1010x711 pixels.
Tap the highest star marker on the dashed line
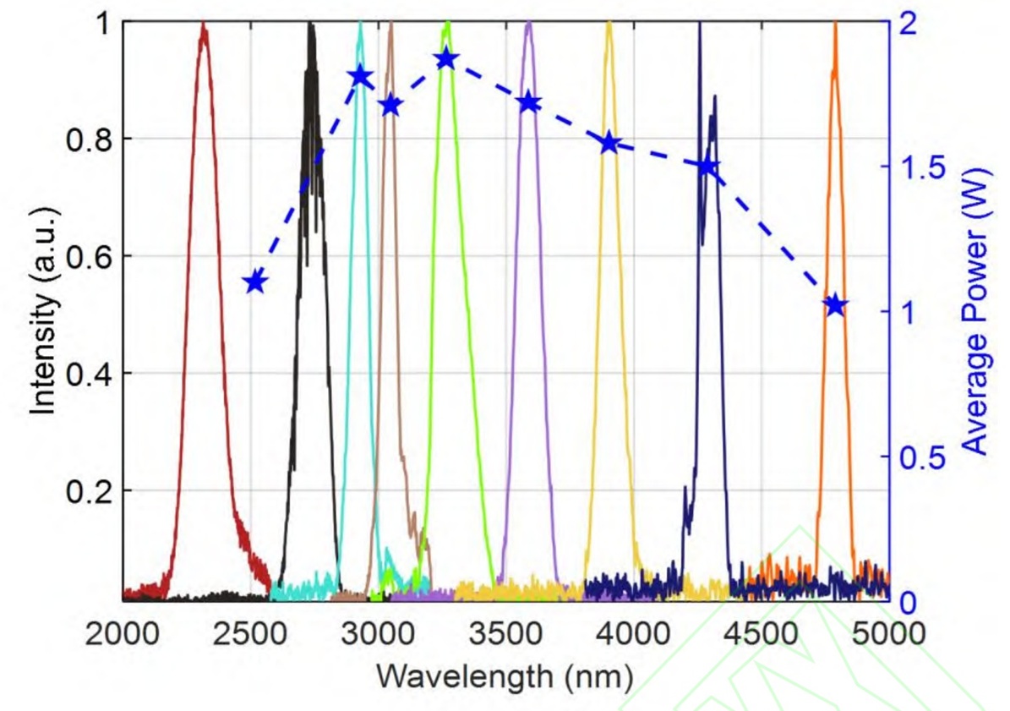(x=446, y=59)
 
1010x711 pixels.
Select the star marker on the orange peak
(x=835, y=305)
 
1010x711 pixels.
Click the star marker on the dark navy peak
(x=708, y=167)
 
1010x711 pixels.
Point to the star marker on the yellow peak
(x=609, y=143)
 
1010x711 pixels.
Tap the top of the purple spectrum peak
(x=529, y=24)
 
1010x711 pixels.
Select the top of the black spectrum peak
(x=311, y=25)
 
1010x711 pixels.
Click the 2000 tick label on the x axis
(x=123, y=632)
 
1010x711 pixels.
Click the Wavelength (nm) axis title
(x=505, y=676)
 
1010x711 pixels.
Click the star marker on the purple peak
(x=529, y=102)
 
